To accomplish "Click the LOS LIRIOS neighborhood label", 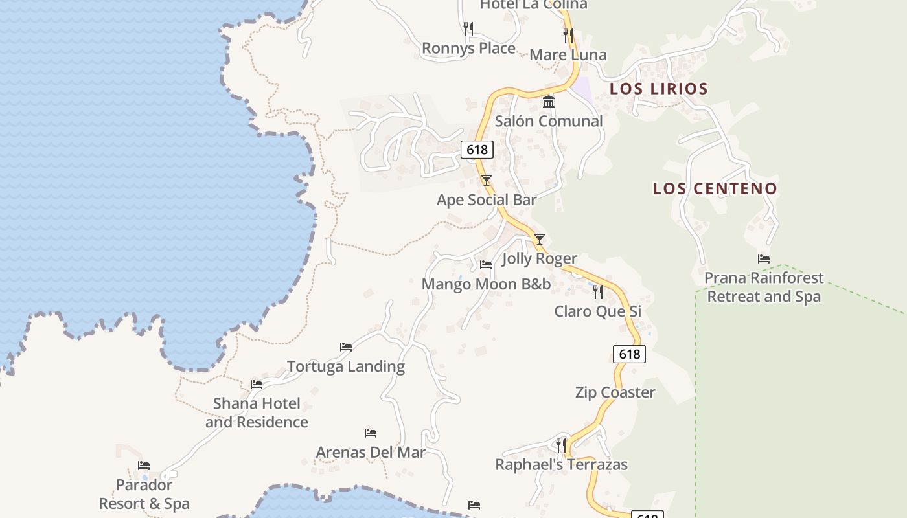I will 659,89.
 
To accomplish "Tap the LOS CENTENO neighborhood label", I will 715,188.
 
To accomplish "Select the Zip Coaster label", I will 615,392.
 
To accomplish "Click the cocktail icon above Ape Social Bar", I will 487,181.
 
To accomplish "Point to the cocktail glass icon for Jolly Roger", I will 540,240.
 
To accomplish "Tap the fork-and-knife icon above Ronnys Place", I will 468,29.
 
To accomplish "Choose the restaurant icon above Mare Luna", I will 568,36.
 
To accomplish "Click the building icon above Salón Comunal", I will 549,102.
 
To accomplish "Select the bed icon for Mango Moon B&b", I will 486,265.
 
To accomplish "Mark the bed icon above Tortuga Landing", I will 346,347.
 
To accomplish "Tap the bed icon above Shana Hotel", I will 257,385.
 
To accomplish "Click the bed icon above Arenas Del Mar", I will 371,433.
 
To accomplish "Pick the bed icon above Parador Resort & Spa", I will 144,466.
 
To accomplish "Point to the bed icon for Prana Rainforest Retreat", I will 764,259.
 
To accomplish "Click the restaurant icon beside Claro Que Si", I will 598,292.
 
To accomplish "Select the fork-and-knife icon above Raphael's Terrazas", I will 561,445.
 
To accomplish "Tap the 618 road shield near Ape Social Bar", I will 477,150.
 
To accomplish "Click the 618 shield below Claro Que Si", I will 629,354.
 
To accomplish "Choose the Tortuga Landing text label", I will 346,366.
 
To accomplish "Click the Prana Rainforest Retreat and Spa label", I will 764,287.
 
